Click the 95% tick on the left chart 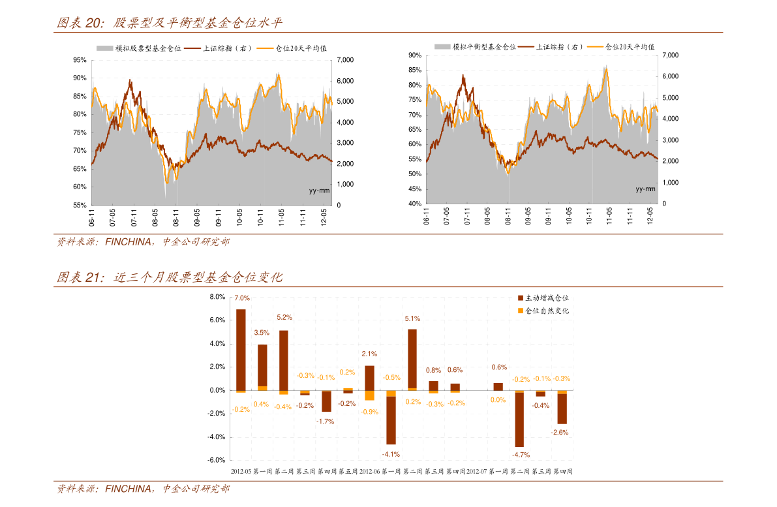80,60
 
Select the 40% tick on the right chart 414,204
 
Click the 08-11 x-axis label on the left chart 175,217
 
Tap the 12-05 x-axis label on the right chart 650,216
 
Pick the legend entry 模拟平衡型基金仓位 484,47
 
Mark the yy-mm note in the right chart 645,189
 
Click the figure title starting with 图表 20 170,23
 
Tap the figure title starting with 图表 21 170,277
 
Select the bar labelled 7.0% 241,350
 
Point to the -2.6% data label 560,432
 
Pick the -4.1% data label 391,454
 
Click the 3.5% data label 262,333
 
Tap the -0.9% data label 369,412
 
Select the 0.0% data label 498,400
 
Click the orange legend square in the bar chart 520,311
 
